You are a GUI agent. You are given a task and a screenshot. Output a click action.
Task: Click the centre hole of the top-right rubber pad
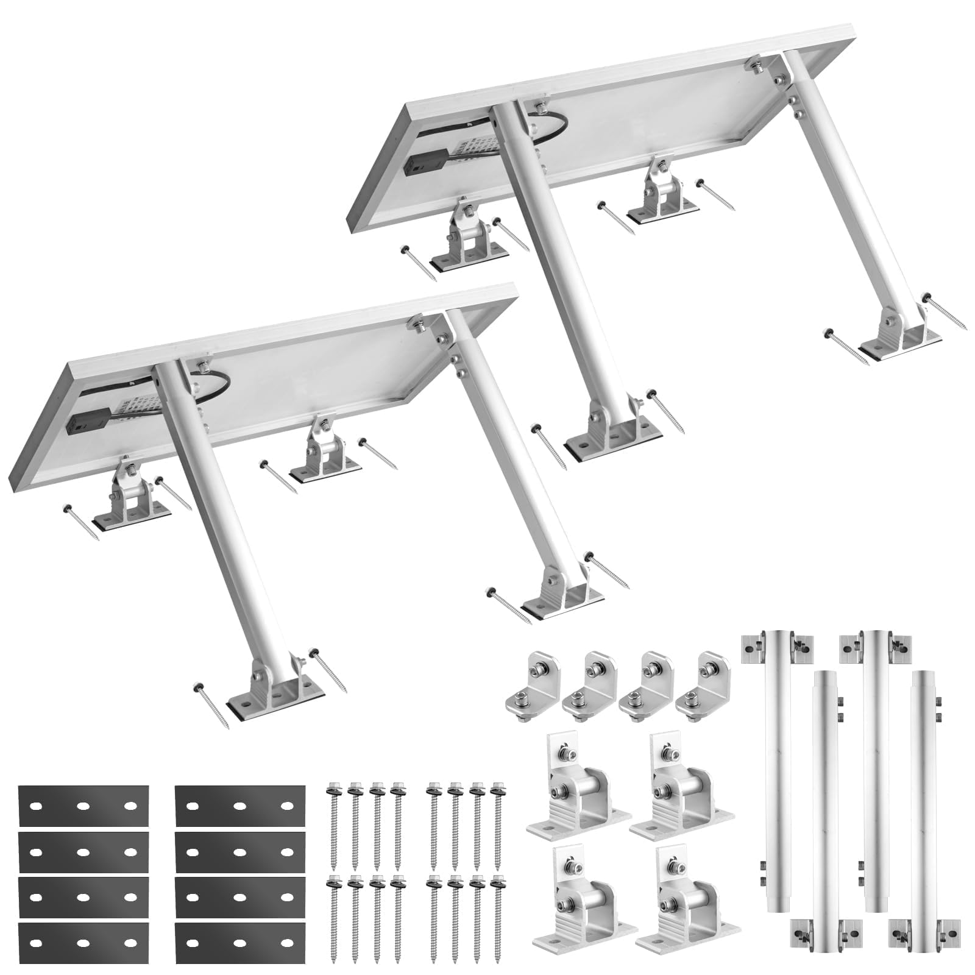(239, 806)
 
